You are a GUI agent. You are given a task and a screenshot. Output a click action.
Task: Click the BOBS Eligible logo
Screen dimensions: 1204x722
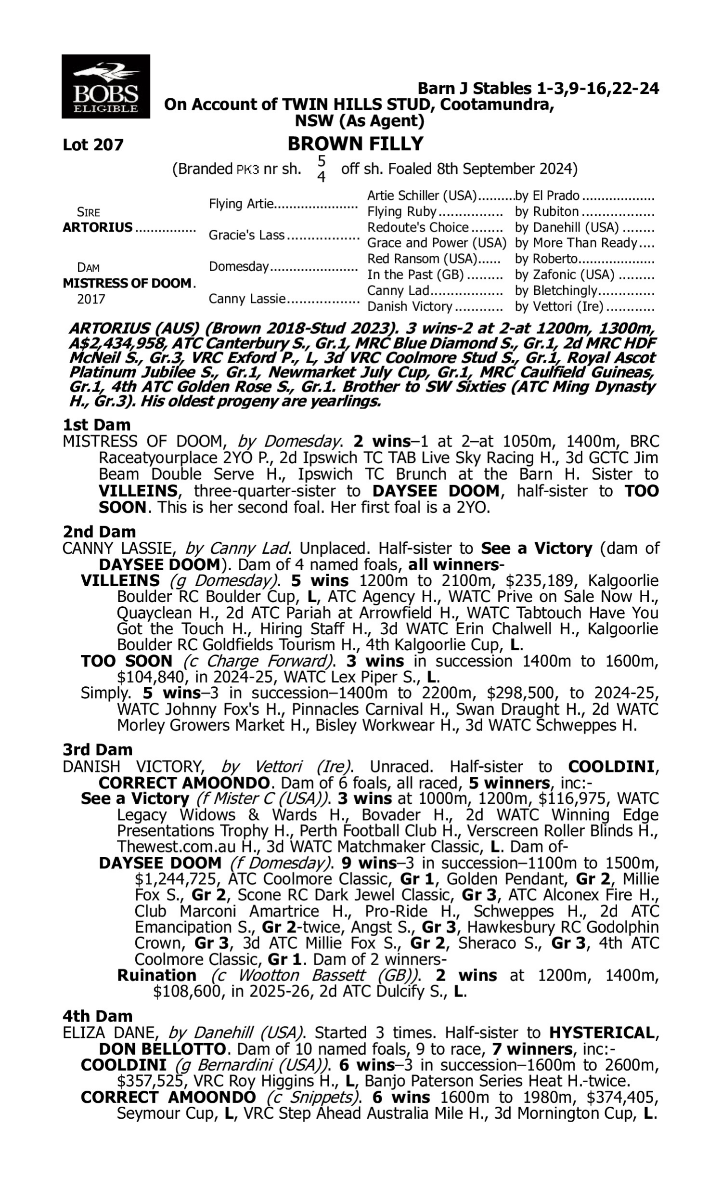tap(105, 87)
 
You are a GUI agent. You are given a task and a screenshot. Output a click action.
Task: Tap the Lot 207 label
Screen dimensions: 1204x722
tap(93, 145)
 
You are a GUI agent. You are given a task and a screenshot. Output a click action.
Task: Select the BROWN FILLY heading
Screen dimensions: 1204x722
tap(355, 144)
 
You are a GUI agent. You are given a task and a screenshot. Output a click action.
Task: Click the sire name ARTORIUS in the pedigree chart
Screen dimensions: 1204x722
tap(97, 227)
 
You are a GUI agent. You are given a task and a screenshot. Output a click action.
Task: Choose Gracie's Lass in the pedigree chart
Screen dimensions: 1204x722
tap(246, 235)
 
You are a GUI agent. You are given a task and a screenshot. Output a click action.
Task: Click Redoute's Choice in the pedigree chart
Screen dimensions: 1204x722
tap(418, 227)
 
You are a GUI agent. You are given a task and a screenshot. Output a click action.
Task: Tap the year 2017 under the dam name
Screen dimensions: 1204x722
tap(91, 299)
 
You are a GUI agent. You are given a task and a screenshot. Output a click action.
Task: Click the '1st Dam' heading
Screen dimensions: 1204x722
tap(96, 425)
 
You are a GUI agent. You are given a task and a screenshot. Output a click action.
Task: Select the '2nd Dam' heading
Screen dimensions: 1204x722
tap(99, 531)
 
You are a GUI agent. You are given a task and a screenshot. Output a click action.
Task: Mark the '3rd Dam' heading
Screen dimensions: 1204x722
tap(98, 749)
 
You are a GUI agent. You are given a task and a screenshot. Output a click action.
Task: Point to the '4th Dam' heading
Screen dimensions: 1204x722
tap(98, 1016)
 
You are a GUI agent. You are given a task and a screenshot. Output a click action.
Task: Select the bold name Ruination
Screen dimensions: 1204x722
tap(156, 975)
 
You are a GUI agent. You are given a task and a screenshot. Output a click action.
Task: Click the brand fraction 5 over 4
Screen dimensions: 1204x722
tap(321, 169)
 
